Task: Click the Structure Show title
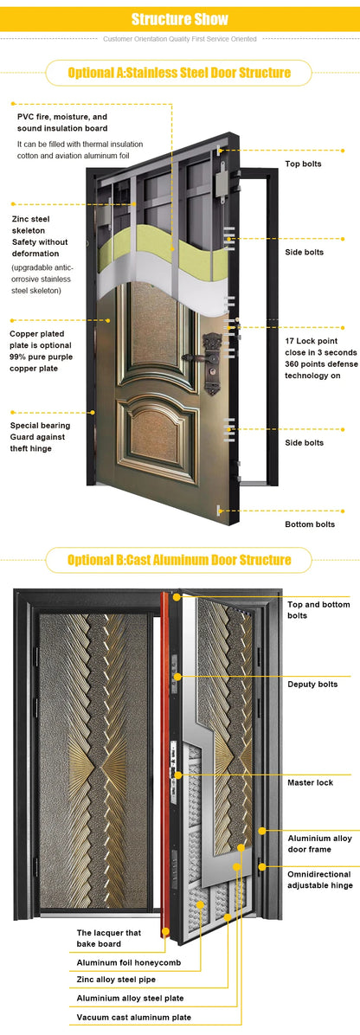pos(180,19)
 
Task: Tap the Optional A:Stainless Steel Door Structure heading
pos(179,73)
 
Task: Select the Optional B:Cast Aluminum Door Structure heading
pos(179,560)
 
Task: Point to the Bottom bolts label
pos(309,524)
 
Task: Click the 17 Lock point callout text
pos(319,357)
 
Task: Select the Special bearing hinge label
pos(41,436)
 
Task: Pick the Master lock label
pos(310,782)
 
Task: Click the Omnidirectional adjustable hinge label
pos(318,880)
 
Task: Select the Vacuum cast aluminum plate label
pos(133,1017)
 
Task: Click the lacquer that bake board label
pos(109,938)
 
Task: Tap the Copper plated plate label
pos(46,350)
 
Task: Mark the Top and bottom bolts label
pos(318,610)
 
